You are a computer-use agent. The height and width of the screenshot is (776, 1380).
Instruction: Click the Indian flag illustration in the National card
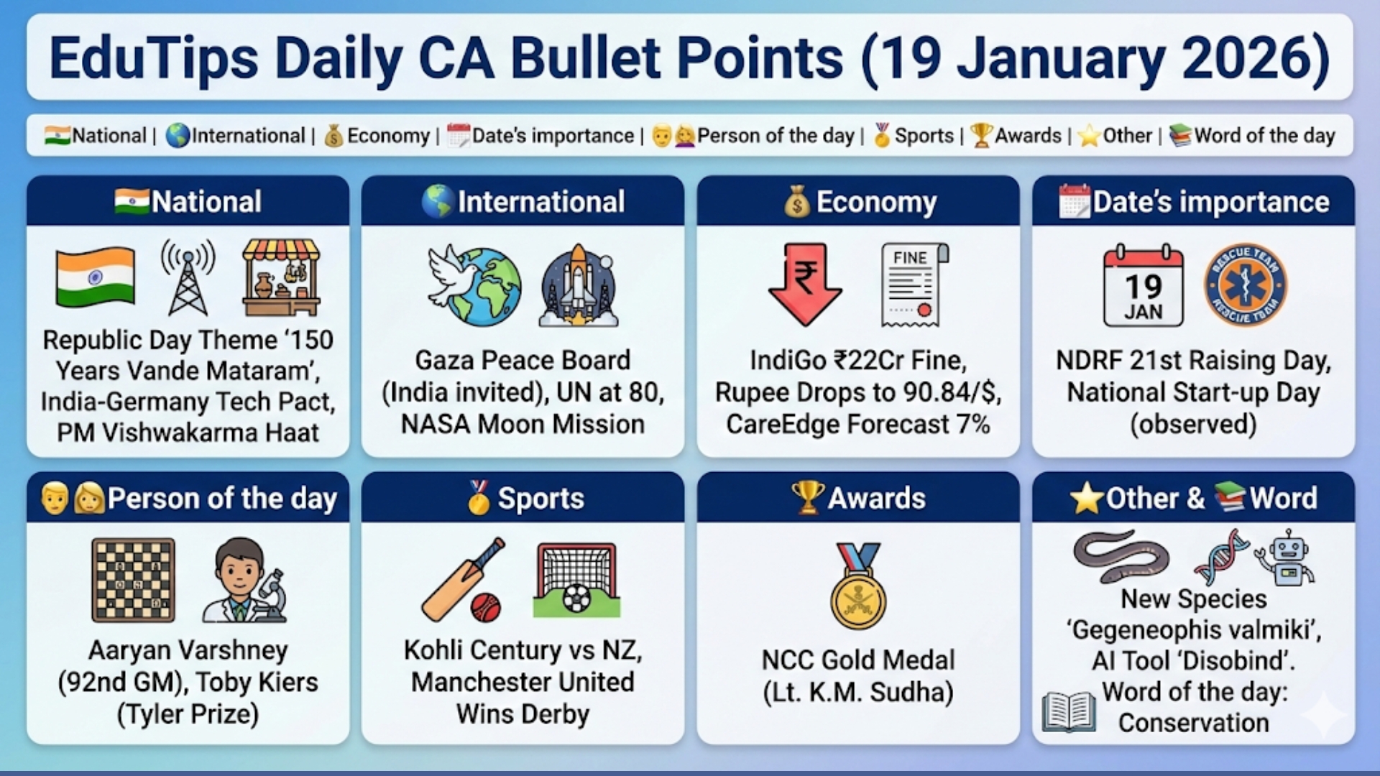tap(95, 277)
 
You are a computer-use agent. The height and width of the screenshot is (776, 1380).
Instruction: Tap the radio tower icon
tap(188, 277)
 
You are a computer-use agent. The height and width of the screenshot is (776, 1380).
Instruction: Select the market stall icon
tap(281, 278)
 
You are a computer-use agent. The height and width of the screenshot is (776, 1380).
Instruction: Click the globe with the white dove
tap(474, 285)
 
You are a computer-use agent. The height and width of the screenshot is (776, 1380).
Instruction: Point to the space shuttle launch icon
tap(579, 286)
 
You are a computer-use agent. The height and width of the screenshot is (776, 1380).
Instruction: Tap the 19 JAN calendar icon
tap(1143, 286)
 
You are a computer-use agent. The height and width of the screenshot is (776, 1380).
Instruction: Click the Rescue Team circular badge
tap(1246, 285)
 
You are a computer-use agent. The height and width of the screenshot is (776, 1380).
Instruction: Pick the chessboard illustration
tap(134, 580)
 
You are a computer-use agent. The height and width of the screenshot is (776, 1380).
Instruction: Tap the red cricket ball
tap(485, 607)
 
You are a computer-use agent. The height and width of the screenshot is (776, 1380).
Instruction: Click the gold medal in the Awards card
tap(858, 587)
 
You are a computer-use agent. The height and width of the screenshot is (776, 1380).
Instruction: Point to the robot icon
tap(1287, 558)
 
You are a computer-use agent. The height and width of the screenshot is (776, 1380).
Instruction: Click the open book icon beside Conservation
tap(1069, 712)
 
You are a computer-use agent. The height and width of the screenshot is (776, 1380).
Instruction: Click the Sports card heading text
tap(540, 498)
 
